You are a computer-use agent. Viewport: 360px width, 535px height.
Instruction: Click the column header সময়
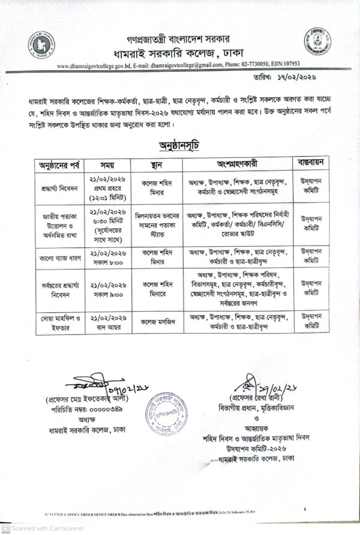click(x=107, y=164)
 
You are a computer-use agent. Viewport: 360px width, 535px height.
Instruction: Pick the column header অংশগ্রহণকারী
click(x=238, y=164)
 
